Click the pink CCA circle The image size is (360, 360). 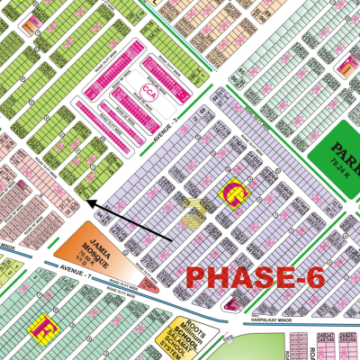point(147,91)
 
